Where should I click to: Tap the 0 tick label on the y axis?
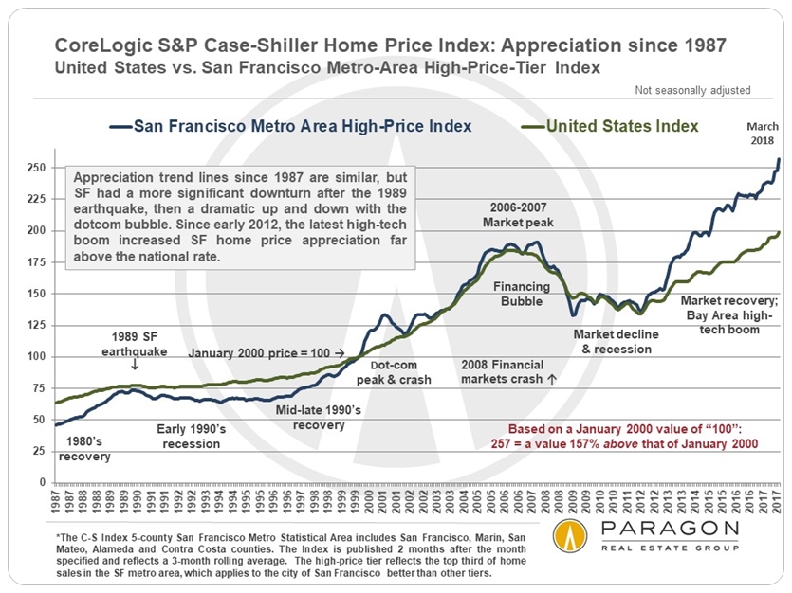click(42, 482)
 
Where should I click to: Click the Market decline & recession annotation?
click(613, 341)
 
